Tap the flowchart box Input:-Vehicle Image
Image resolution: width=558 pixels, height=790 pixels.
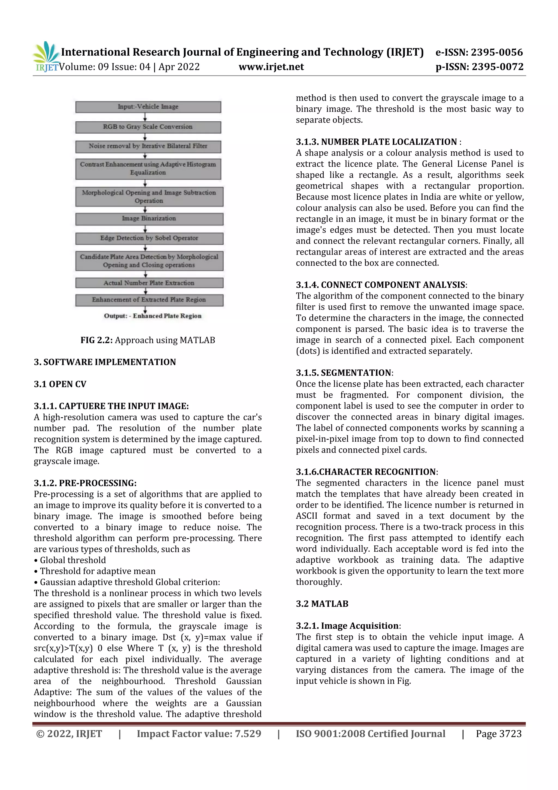(148, 107)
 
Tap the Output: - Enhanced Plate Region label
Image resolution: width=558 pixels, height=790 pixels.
(153, 316)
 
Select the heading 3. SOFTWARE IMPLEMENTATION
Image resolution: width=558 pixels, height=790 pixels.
(105, 362)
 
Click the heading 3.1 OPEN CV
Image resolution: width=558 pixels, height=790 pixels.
(60, 384)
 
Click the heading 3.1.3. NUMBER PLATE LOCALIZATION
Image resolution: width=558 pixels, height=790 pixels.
(377, 142)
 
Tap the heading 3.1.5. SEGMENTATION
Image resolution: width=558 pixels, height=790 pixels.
(344, 373)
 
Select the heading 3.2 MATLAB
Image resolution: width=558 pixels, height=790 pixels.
(322, 604)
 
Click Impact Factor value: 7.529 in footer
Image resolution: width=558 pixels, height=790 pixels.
(199, 734)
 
